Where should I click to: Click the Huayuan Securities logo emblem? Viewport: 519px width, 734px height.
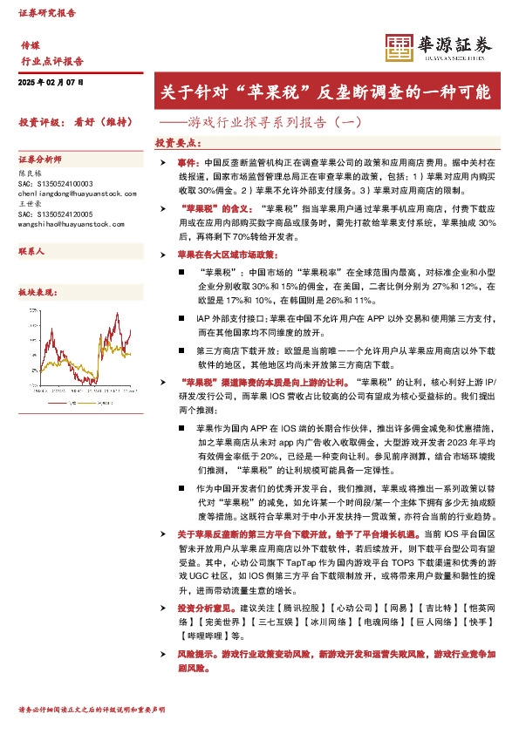click(x=398, y=47)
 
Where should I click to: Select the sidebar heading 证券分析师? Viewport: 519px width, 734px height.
click(x=41, y=161)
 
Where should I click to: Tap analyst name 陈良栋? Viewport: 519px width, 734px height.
click(x=30, y=173)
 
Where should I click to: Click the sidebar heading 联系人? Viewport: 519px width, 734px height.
click(x=31, y=251)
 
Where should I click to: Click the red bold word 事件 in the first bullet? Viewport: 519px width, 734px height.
click(x=188, y=163)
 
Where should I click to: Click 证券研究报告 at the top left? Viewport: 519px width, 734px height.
click(x=47, y=15)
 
